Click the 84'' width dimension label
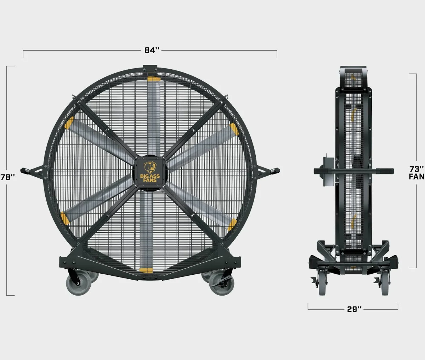(x=152, y=50)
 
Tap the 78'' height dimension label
(x=8, y=177)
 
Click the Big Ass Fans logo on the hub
(x=150, y=172)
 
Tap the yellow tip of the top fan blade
(x=154, y=79)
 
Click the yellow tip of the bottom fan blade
(x=146, y=270)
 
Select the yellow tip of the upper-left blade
(x=69, y=123)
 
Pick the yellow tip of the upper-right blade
(x=234, y=129)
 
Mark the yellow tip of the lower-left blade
(x=65, y=218)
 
